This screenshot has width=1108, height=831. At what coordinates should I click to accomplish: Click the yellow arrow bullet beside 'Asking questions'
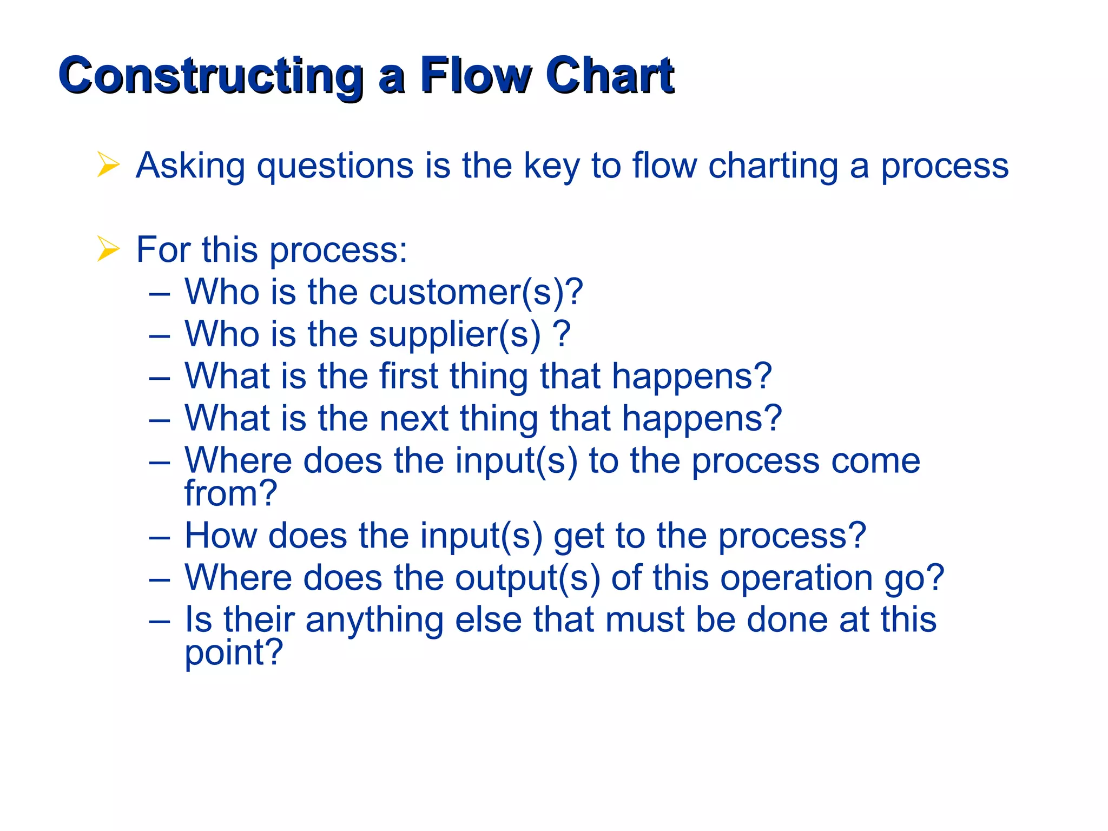tap(108, 164)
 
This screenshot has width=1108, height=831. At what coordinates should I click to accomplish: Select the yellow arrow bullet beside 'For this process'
tap(108, 249)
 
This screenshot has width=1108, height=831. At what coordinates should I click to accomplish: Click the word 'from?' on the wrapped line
tap(231, 493)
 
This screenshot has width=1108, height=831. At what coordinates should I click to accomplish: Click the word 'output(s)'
tap(527, 578)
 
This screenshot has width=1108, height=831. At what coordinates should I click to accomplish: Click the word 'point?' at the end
tap(234, 652)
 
